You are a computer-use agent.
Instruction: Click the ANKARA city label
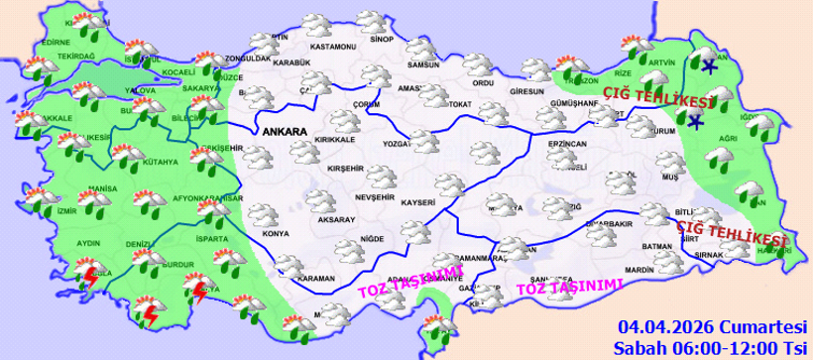[284, 131]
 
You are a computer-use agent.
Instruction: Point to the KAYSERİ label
[418, 202]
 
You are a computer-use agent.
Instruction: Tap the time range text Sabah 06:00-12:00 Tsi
[709, 347]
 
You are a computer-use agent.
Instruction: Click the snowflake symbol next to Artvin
[708, 68]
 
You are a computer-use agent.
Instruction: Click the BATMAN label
[657, 246]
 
